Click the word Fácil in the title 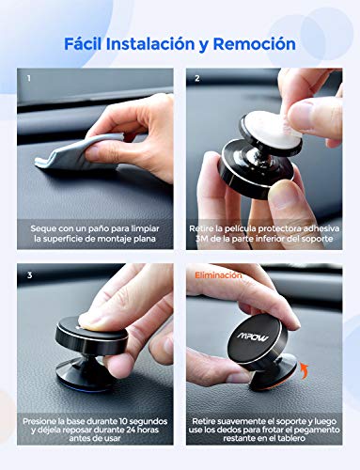(x=87, y=43)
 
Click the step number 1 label (x=28, y=78)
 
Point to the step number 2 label (x=198, y=78)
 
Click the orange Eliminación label (x=218, y=275)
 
